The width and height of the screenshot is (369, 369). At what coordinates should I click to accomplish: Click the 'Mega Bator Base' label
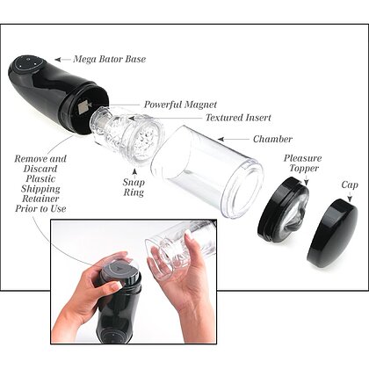tap(110, 59)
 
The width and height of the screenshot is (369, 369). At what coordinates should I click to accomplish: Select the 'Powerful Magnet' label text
tap(180, 105)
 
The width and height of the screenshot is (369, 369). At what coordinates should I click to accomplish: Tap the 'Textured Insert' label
tap(238, 118)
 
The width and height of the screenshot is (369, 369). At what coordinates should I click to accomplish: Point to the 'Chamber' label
tap(272, 139)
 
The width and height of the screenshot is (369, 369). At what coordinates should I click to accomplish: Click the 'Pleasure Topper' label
tap(302, 163)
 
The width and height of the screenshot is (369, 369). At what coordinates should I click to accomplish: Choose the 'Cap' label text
tap(350, 184)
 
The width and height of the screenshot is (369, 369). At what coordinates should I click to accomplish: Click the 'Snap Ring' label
tap(134, 187)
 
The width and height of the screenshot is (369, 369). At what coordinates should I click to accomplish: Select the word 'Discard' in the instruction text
tap(40, 169)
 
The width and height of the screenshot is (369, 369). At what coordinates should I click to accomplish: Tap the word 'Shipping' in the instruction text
tap(40, 189)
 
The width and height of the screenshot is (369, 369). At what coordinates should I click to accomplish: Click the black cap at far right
tap(333, 234)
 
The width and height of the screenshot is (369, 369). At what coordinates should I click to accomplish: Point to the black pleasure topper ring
tap(284, 210)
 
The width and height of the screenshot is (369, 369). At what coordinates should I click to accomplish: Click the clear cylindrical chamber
tap(207, 171)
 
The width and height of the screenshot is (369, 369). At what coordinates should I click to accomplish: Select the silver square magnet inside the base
tap(84, 107)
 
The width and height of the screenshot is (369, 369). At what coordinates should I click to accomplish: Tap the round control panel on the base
tap(29, 64)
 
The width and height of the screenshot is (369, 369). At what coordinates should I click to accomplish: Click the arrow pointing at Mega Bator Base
tap(62, 60)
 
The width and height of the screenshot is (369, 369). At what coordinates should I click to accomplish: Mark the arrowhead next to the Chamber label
tap(221, 139)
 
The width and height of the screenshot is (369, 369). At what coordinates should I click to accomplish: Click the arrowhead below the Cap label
tap(350, 199)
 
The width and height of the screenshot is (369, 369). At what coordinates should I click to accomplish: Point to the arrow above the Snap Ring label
tap(134, 172)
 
